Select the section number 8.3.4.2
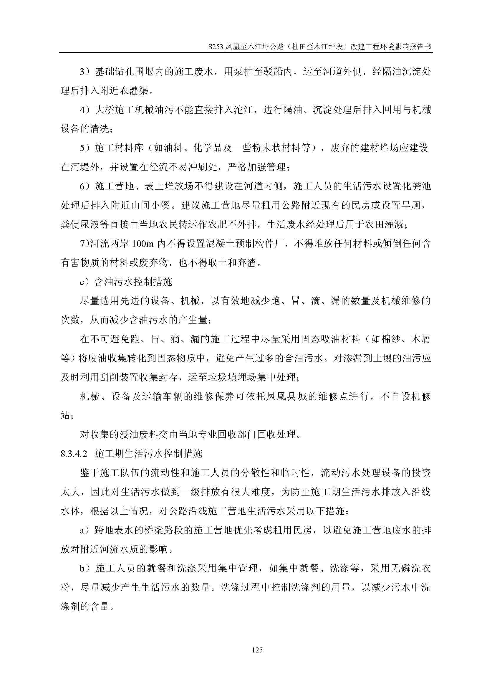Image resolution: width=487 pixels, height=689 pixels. [74, 454]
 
